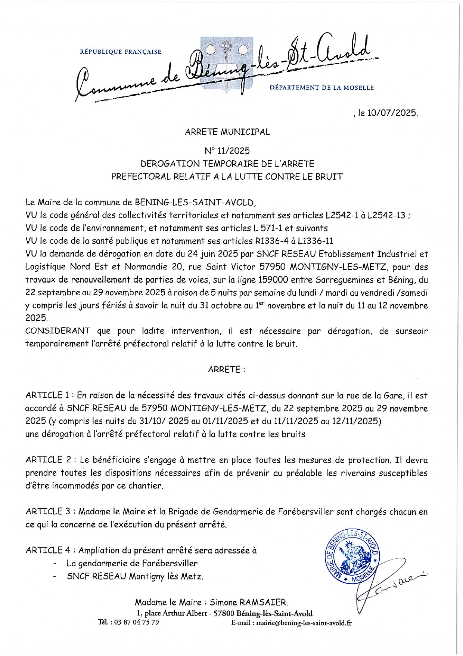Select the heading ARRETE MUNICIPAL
point(227,132)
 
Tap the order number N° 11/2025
point(227,151)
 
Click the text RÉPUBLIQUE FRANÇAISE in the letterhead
point(121,52)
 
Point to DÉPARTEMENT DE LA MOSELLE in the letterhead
point(321,88)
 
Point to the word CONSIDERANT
point(58,331)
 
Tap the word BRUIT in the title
point(330,177)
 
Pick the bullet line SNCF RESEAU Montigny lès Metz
point(135,576)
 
